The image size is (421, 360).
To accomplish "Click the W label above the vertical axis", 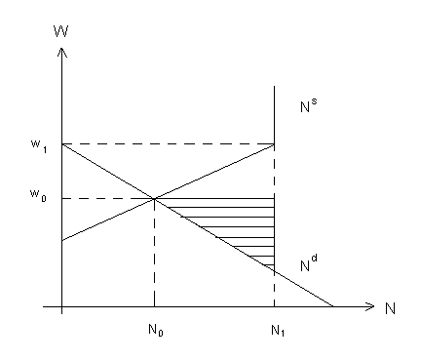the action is click(61, 31).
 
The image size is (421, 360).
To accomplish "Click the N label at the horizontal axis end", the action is click(390, 308).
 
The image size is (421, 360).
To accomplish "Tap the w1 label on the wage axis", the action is click(39, 146).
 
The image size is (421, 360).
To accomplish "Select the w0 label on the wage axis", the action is click(38, 195).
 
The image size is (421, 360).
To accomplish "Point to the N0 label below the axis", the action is click(156, 330).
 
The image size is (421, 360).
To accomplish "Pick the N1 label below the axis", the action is click(278, 331).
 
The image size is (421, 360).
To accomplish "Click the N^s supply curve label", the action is click(309, 104).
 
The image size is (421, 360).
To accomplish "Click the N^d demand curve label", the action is click(309, 263).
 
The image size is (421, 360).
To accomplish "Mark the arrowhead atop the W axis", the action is click(62, 52).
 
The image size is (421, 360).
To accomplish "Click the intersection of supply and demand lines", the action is click(154, 198).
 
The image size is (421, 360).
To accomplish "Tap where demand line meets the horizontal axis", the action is click(333, 306).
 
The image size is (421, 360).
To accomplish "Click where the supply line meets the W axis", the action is click(62, 241).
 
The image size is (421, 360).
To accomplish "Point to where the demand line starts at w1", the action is click(62, 144).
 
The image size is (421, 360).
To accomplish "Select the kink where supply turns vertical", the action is click(275, 144).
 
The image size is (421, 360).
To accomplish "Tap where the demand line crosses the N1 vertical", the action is click(275, 271).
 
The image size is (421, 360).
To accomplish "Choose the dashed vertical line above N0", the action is click(154, 253).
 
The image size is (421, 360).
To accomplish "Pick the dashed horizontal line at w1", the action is click(169, 144).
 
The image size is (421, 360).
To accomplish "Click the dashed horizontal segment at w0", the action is click(108, 198).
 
